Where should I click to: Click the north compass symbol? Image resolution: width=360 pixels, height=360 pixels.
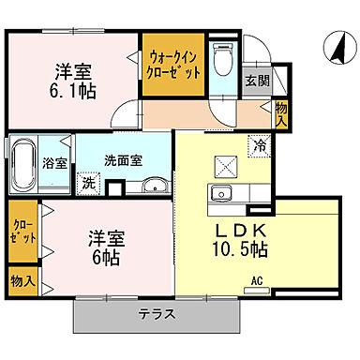pyautogui.click(x=333, y=43)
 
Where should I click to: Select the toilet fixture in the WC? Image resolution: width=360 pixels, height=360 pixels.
pyautogui.click(x=221, y=63)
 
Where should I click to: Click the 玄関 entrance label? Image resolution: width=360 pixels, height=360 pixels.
pyautogui.click(x=255, y=82)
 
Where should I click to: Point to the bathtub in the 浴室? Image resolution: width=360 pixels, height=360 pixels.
pyautogui.click(x=23, y=163)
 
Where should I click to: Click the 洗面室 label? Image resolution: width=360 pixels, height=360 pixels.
pyautogui.click(x=123, y=159)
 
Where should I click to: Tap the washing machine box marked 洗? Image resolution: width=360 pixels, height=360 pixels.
pyautogui.click(x=88, y=182)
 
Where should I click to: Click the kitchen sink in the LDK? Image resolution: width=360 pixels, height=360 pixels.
pyautogui.click(x=224, y=194)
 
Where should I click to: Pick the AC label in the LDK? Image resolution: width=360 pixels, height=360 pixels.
pyautogui.click(x=256, y=279)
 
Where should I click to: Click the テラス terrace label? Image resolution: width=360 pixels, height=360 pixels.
pyautogui.click(x=155, y=314)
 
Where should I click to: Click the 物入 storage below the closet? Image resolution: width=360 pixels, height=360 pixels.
pyautogui.click(x=22, y=280)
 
